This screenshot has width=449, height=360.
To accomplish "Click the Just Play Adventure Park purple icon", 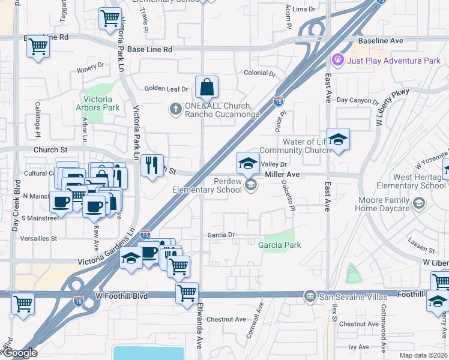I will (337, 61).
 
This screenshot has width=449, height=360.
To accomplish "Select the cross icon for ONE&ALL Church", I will (175, 109).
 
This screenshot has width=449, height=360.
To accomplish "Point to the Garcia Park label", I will (279, 245).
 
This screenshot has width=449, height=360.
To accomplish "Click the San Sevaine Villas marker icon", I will (310, 295).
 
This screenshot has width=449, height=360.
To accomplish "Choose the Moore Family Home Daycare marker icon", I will (418, 203).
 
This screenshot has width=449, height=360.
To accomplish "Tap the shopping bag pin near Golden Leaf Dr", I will (206, 88).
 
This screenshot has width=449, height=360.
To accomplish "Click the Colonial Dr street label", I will (259, 73).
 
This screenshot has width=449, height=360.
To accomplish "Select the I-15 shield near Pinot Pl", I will (278, 102).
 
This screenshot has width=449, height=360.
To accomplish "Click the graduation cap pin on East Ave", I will (338, 140).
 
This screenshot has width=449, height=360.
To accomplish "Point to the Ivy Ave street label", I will (358, 346).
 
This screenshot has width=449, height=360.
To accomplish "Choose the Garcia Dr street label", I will (220, 235).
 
